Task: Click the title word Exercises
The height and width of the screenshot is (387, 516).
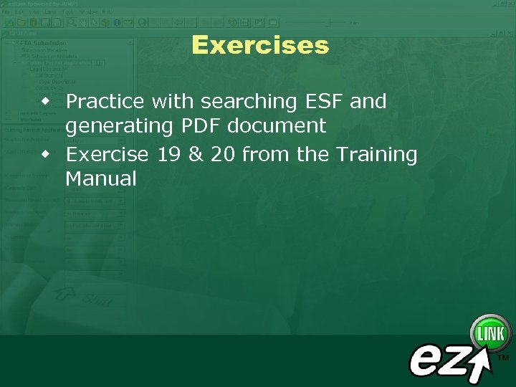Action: pyautogui.click(x=260, y=46)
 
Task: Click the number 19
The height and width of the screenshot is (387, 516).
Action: pyautogui.click(x=169, y=154)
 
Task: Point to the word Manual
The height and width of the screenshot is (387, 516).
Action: pyautogui.click(x=100, y=179)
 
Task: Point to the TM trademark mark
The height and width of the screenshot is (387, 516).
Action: pyautogui.click(x=503, y=356)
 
